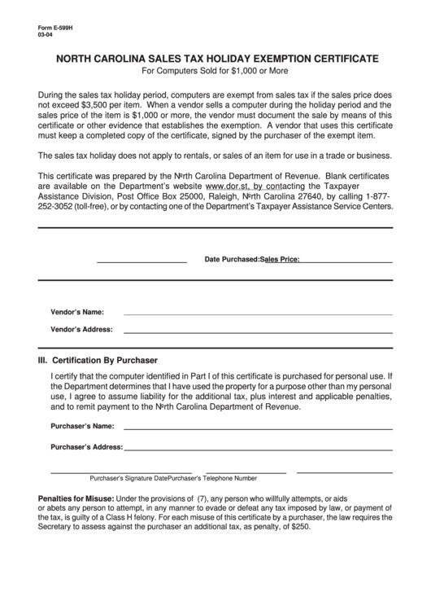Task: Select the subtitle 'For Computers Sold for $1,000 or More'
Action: tap(215, 72)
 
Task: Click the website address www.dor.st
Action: tap(229, 187)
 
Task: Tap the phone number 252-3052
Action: tap(56, 207)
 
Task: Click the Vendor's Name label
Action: tap(77, 312)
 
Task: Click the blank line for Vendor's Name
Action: tap(257, 314)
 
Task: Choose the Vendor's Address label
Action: tap(81, 330)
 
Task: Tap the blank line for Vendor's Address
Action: tap(257, 331)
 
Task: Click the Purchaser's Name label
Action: tap(81, 426)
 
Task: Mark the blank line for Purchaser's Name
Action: tap(257, 428)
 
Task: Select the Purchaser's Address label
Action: tap(86, 447)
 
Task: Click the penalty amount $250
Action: tap(300, 527)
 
